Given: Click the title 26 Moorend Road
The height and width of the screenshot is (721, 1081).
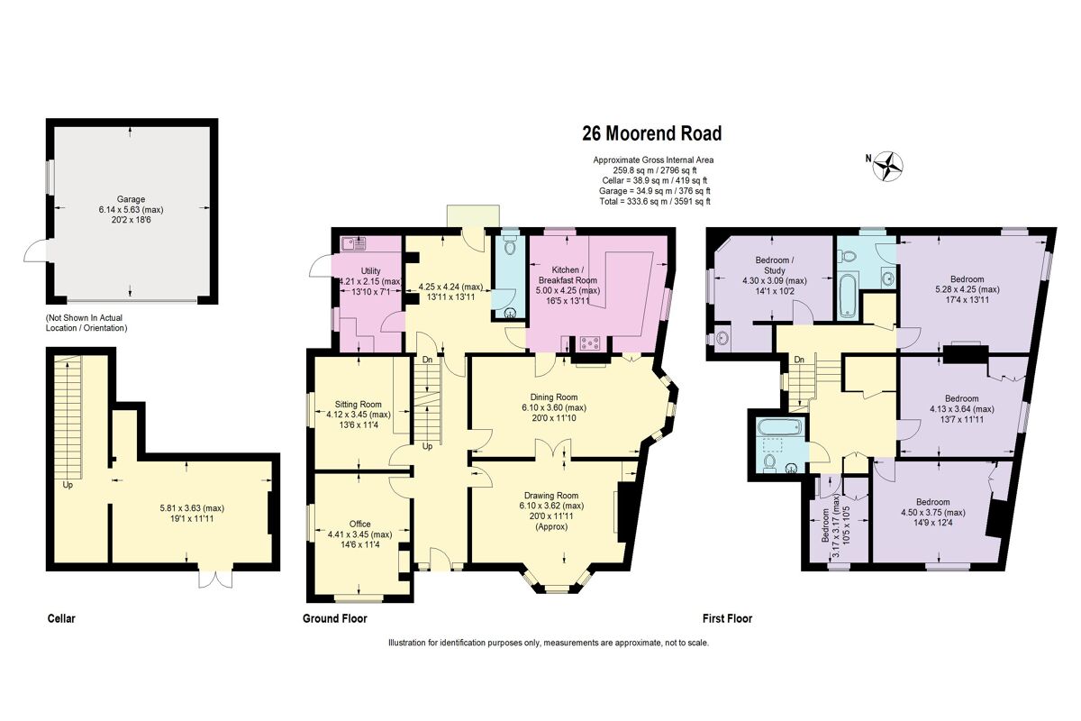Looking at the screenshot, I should [x=651, y=134].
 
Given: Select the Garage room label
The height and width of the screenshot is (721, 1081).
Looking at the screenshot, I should [x=131, y=199].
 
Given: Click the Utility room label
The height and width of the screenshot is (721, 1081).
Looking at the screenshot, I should [x=369, y=270].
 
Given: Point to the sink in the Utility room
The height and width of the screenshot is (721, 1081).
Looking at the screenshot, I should [x=353, y=242].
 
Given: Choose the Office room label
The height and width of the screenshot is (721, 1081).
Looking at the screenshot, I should [x=360, y=524].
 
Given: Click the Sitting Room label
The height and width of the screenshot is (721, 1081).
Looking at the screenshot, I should [x=359, y=405].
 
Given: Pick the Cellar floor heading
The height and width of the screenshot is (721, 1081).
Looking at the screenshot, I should [x=61, y=619].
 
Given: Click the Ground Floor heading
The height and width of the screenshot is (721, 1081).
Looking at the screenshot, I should [x=334, y=619].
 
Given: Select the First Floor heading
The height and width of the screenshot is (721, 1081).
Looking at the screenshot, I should [x=727, y=619].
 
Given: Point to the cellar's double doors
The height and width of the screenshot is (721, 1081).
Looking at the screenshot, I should [x=213, y=577].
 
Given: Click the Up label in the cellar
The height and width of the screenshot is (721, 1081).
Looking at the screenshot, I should [x=68, y=485].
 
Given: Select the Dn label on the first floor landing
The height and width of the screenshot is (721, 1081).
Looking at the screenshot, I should [x=798, y=360].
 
